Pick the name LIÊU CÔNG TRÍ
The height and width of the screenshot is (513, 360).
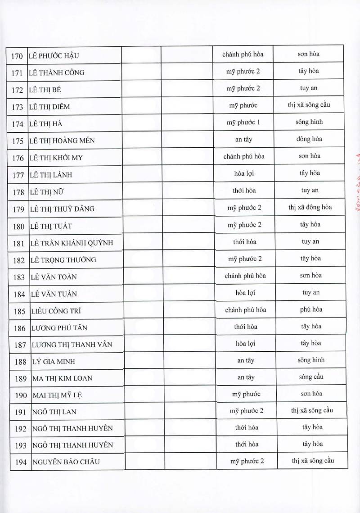(x=57, y=311)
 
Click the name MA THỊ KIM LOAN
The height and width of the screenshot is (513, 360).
(x=63, y=378)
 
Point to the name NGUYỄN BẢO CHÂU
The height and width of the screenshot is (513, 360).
(x=66, y=462)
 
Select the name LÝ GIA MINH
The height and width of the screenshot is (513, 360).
(x=54, y=362)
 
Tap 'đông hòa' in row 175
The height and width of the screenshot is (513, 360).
(x=309, y=139)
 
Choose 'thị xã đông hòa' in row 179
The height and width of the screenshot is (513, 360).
(x=310, y=207)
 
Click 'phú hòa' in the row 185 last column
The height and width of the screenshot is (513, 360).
(x=310, y=310)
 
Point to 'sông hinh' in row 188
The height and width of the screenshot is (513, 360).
(x=310, y=360)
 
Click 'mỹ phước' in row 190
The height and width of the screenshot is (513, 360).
(x=246, y=394)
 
